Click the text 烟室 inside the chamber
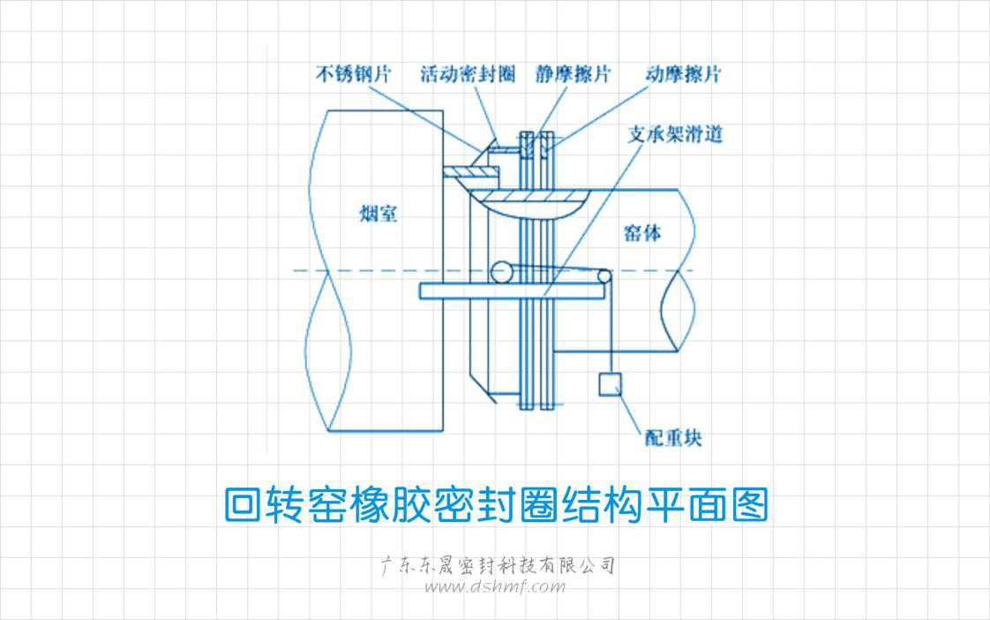(379, 214)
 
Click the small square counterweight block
(610, 384)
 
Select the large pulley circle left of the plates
(502, 272)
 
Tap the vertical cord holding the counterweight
(609, 331)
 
